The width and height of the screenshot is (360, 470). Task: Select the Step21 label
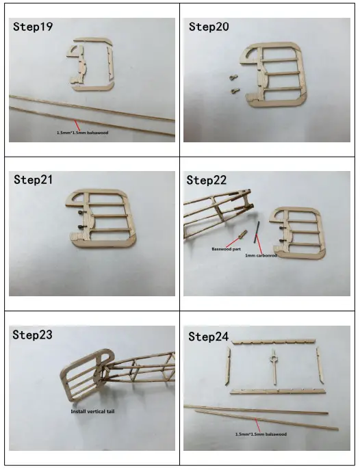[x=34, y=180]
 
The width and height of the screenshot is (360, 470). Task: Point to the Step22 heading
[x=208, y=181]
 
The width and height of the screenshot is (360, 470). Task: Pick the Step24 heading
[x=209, y=337]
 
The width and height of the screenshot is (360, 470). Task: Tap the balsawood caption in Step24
[x=261, y=434]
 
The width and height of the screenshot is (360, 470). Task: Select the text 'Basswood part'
[x=227, y=250]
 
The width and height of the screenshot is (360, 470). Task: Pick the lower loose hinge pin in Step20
[x=234, y=90]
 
